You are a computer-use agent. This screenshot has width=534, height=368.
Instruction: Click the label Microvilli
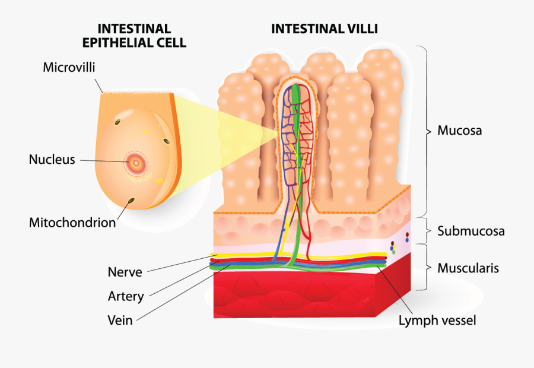point(69,67)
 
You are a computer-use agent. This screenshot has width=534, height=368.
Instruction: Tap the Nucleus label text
point(52,160)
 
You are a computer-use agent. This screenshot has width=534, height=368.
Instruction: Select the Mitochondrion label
point(72,223)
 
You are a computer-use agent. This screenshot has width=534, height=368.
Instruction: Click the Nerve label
point(125,272)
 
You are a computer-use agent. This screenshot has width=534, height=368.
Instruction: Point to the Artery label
point(126,296)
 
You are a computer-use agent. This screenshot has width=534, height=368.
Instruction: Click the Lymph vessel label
point(437,321)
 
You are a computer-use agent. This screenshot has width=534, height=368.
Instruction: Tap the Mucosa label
point(459,131)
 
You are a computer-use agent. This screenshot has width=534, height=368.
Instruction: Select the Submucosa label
point(471,231)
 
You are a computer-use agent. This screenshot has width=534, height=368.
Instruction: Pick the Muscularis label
point(468,268)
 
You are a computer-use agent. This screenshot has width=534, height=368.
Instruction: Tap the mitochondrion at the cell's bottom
point(131,202)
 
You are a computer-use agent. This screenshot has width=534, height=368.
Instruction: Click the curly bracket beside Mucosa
point(425,131)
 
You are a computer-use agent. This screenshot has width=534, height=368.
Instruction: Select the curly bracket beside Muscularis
point(425,268)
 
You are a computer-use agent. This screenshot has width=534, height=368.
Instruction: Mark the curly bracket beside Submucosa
point(425,230)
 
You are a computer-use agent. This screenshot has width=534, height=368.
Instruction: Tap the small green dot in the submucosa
point(393,252)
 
